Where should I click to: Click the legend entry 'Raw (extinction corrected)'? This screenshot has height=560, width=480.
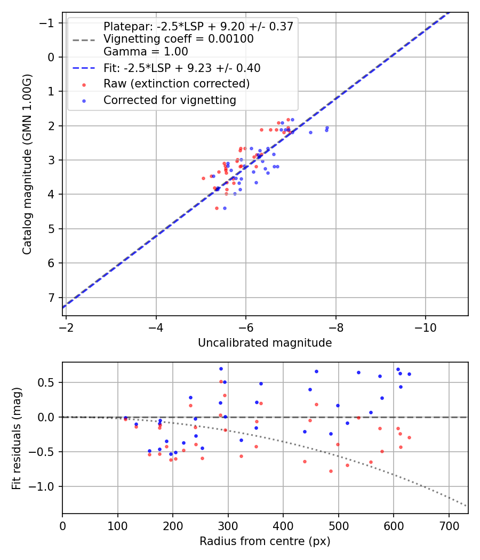[176, 84]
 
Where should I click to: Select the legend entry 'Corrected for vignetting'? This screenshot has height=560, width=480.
[170, 100]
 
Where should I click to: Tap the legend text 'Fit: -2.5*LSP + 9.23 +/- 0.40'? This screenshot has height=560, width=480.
[181, 68]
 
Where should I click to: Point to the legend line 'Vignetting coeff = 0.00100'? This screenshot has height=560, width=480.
[178, 39]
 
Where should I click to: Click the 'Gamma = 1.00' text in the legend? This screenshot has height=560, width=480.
[146, 52]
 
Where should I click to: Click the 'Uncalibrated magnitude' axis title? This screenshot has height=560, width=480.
[265, 343]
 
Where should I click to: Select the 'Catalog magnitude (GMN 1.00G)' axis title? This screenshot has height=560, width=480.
[27, 164]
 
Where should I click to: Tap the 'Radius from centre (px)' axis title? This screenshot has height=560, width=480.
[265, 541]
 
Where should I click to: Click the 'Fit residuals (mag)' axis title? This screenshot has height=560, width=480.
[17, 437]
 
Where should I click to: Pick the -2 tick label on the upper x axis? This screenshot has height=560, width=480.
[66, 324]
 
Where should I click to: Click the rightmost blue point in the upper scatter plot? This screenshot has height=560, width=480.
[327, 128]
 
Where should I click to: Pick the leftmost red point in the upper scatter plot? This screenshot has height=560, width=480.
[203, 178]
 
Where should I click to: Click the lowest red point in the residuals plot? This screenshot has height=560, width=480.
[331, 471]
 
